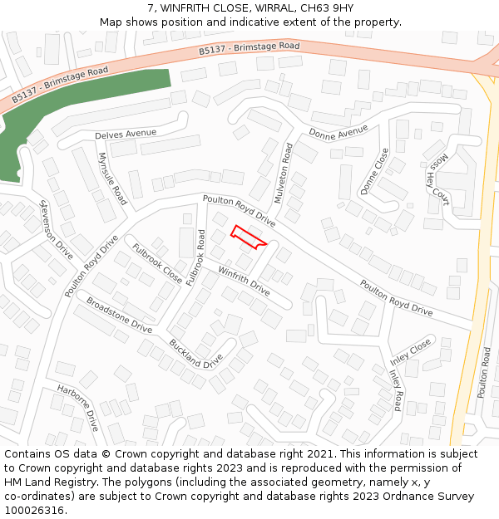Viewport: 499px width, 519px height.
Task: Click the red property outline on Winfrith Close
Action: [x=248, y=237]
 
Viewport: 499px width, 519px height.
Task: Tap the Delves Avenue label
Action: [x=126, y=133]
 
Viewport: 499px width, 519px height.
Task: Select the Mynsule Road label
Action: [x=112, y=179]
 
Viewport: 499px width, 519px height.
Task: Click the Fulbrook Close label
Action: [x=157, y=262]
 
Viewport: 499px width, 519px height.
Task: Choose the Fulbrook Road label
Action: [x=196, y=258]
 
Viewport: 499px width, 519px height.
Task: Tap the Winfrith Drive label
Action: [x=244, y=281]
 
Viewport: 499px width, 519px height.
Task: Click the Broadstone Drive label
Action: [x=119, y=316]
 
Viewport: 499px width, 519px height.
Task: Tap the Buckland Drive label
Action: [x=195, y=353]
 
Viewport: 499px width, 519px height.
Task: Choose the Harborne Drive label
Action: [x=78, y=407]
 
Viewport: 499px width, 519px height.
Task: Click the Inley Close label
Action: [x=411, y=351]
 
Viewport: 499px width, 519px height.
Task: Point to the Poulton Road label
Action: [x=485, y=374]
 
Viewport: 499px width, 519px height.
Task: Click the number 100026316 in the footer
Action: [x=34, y=510]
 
